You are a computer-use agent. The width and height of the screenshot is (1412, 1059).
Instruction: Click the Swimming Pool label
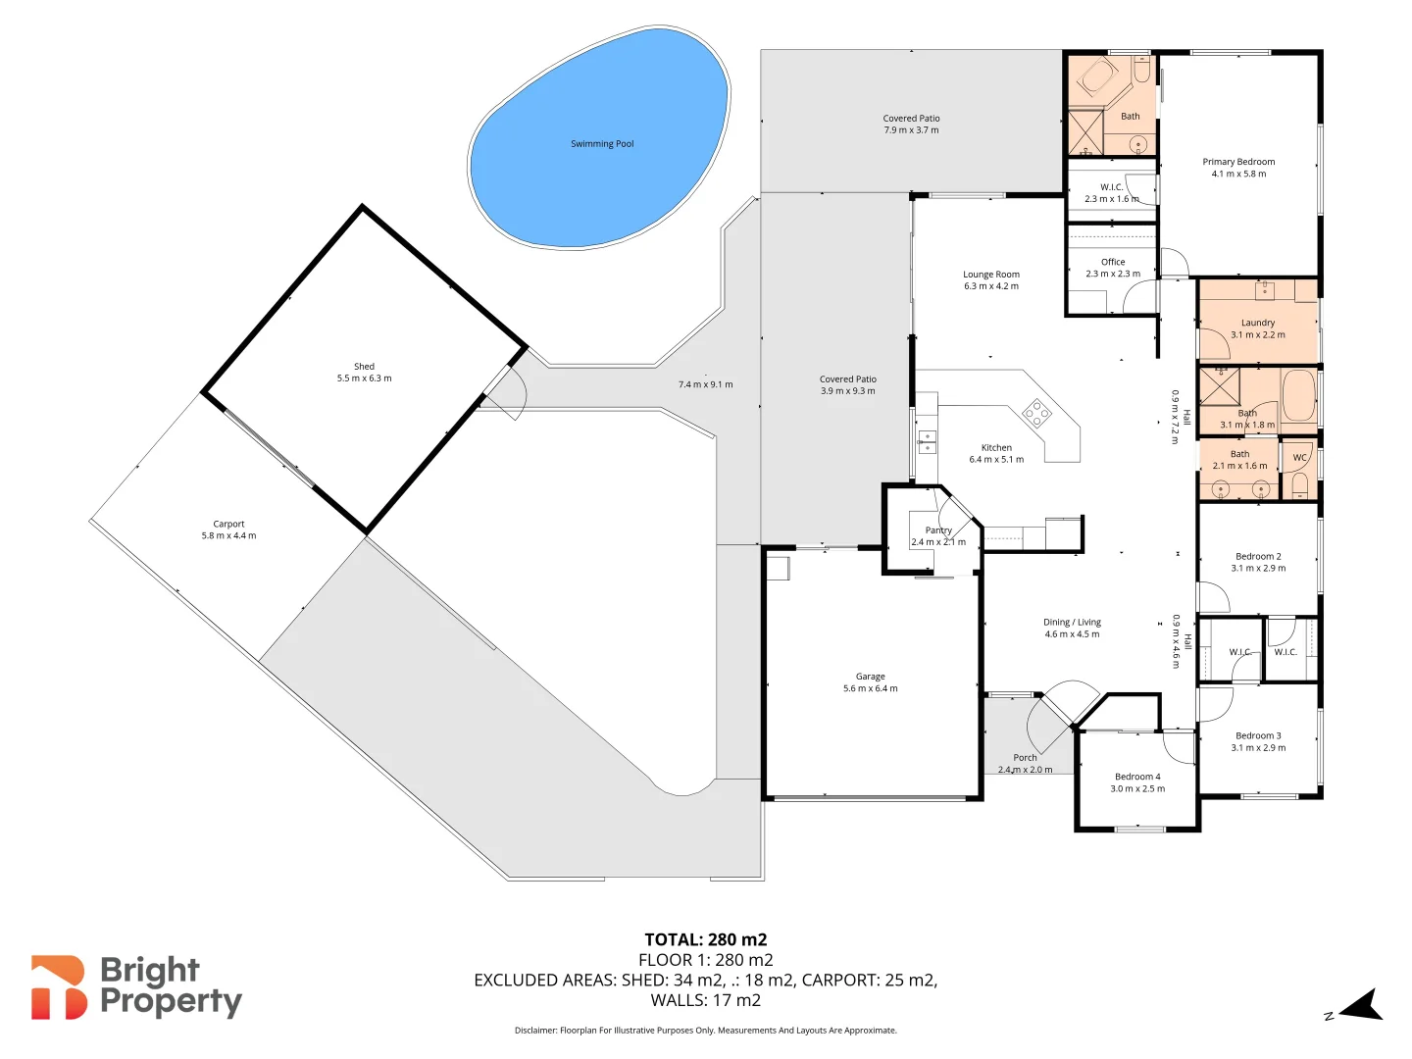pyautogui.click(x=602, y=144)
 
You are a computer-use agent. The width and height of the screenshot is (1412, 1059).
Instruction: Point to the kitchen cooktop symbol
pyautogui.click(x=1036, y=414)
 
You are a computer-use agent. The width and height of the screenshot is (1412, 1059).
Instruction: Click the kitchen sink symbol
pyautogui.click(x=926, y=440)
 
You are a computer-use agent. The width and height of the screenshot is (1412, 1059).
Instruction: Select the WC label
pyautogui.click(x=1299, y=458)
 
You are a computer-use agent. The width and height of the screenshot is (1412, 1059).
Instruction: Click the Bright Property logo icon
pyautogui.click(x=59, y=987)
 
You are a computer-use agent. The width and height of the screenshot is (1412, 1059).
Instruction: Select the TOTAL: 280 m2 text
pyautogui.click(x=705, y=939)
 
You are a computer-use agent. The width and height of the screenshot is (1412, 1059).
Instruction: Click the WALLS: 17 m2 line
pyautogui.click(x=705, y=1000)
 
